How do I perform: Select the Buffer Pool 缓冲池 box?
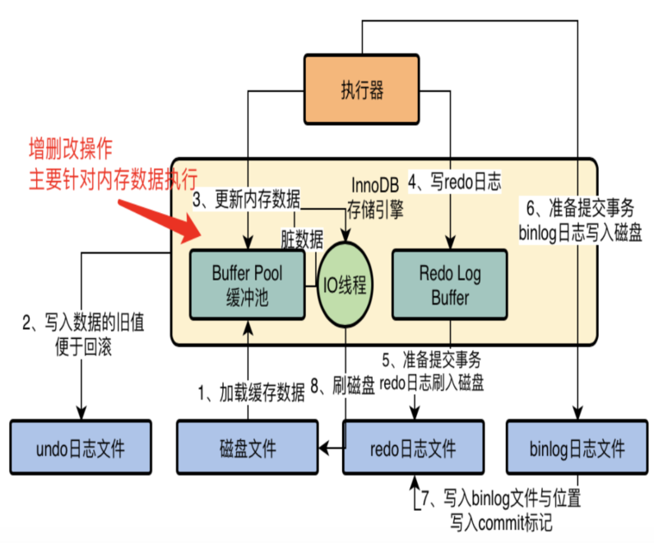pos(247,284)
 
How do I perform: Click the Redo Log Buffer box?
pos(449,284)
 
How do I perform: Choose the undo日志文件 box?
pos(81,449)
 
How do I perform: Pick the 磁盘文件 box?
pos(248,449)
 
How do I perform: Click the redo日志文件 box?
pos(412,449)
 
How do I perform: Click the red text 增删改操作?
pos(70,149)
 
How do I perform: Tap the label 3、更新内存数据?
pos(246,200)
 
